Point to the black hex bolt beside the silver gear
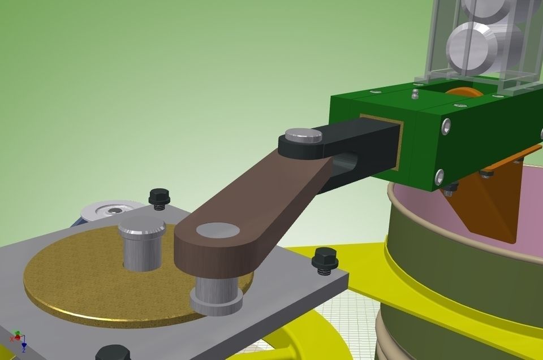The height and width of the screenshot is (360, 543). tap(160, 197)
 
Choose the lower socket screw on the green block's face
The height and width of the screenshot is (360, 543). tap(439, 176)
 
